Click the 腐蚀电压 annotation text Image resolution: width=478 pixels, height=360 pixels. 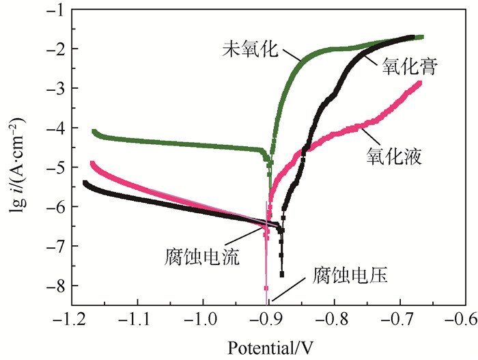point(350,277)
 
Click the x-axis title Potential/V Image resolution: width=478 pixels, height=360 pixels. point(267,347)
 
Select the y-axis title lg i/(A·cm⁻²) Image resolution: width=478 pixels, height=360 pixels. point(15,167)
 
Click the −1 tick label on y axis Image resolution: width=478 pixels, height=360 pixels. point(54,10)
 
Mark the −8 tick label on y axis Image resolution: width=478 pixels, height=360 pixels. point(54,286)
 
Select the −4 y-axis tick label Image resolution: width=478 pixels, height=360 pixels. point(54,128)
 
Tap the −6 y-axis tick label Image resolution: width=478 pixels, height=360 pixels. point(54,206)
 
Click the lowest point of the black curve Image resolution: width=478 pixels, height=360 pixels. point(281,275)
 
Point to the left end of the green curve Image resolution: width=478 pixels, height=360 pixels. point(94,131)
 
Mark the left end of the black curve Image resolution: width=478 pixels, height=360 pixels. point(85,182)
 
